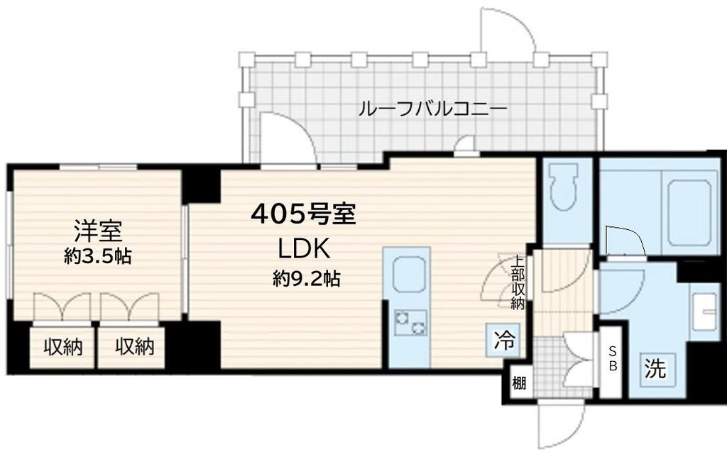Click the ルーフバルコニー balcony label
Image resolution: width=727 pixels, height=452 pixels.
click(x=432, y=109)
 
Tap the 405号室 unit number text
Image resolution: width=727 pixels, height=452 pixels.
click(x=303, y=212)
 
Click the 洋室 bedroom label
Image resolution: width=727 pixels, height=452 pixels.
click(x=99, y=231)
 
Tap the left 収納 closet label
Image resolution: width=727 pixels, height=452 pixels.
click(x=62, y=347)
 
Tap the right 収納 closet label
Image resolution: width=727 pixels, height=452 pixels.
click(x=135, y=347)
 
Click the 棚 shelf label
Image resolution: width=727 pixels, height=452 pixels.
click(x=520, y=384)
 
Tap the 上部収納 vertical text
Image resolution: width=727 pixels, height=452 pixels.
click(x=518, y=283)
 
